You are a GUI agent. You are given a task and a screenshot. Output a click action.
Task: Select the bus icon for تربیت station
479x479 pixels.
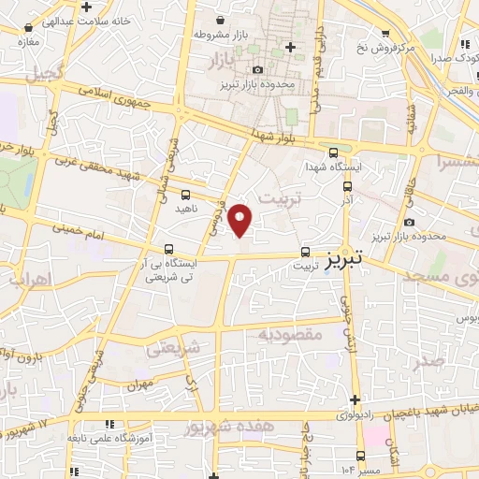(x=306, y=252)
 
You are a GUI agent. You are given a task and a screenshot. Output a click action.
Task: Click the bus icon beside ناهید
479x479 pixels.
(x=185, y=196)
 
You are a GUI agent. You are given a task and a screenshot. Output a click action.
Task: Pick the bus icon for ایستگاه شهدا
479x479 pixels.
(x=335, y=153)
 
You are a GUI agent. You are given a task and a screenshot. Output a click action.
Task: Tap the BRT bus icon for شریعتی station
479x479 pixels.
(x=168, y=249)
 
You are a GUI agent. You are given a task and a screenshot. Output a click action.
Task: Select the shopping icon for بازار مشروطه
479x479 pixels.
(x=219, y=20)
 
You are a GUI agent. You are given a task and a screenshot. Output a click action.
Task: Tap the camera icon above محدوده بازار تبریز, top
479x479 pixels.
(x=257, y=69)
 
